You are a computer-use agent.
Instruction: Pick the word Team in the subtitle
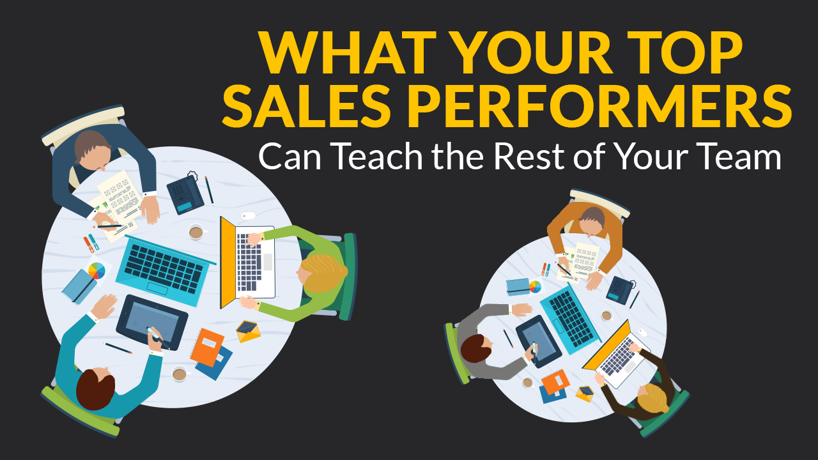743,157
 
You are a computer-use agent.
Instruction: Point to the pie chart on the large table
96,271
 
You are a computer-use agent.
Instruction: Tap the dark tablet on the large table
151,322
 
